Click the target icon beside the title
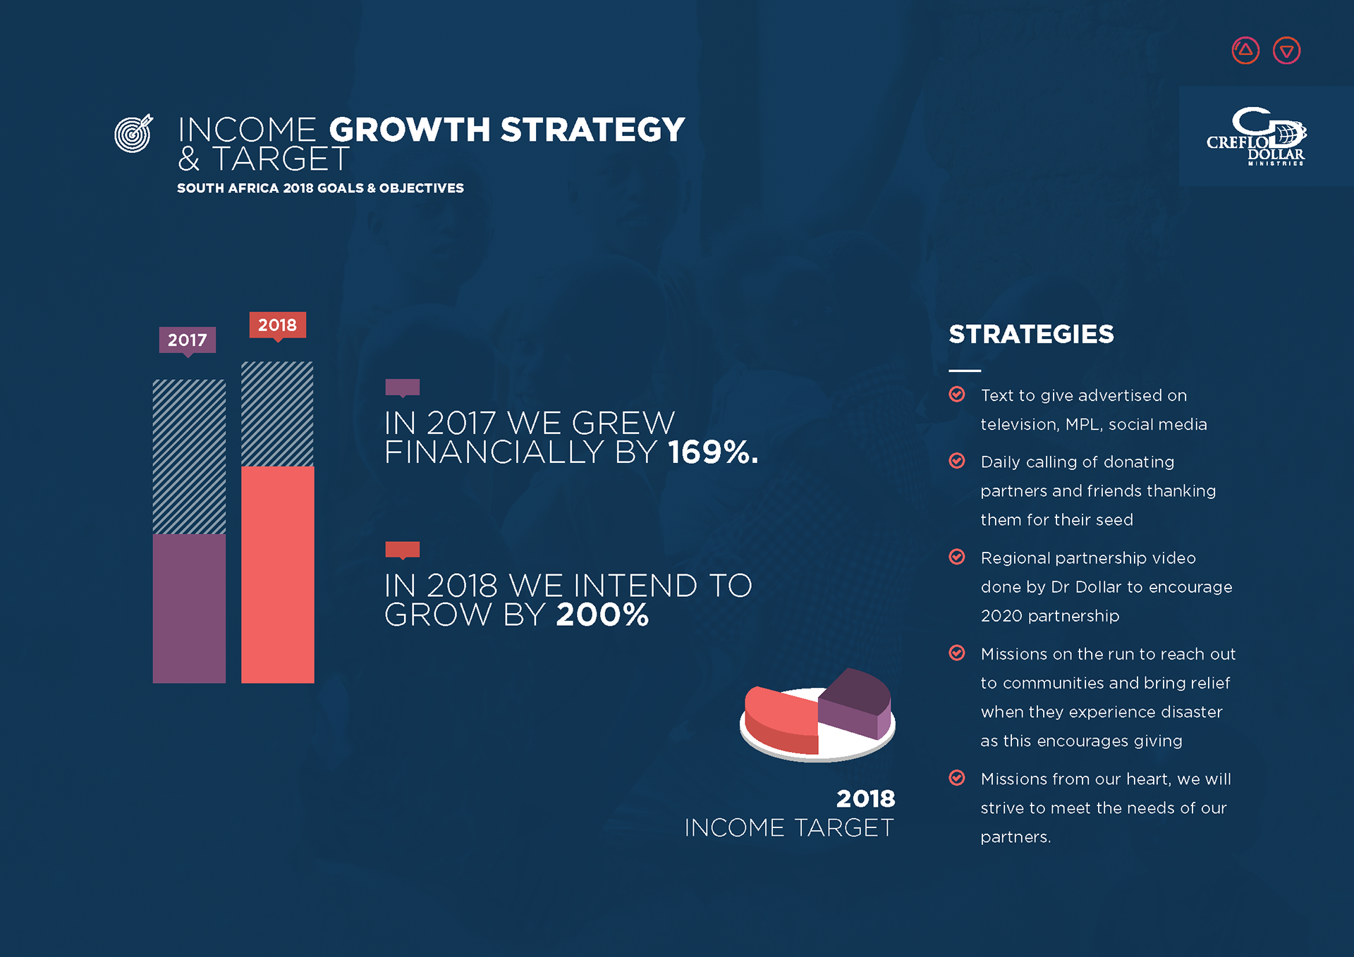click(x=133, y=132)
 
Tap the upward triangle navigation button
click(x=1245, y=51)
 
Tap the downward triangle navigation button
click(x=1286, y=51)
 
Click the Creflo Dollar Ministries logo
click(x=1256, y=136)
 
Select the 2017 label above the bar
click(x=187, y=340)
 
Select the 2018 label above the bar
click(x=277, y=326)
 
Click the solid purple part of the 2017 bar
click(x=189, y=608)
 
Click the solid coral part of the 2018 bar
click(x=278, y=574)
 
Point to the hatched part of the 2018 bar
click(x=278, y=414)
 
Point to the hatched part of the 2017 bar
click(x=189, y=457)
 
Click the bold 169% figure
click(x=713, y=452)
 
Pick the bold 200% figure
click(x=602, y=615)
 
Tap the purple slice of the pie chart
click(x=855, y=701)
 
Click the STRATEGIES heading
click(x=1031, y=334)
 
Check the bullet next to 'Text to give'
click(x=957, y=394)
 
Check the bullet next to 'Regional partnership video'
click(x=957, y=557)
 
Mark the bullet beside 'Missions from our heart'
click(x=957, y=777)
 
